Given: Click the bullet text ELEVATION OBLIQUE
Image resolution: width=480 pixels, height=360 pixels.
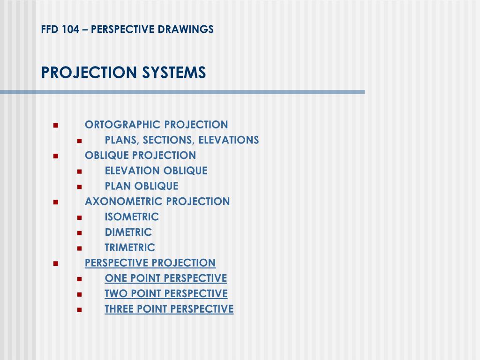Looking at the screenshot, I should point(156,171).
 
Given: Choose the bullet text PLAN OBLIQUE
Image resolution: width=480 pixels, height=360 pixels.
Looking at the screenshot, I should point(142,186).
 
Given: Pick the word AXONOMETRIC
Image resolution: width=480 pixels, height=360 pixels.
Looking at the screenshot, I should point(124,202).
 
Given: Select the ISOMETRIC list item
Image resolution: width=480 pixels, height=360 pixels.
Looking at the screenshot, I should point(132,217).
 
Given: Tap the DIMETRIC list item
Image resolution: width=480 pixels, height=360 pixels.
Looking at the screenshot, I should point(128,232).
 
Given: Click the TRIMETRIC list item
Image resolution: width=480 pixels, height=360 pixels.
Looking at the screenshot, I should point(130,248).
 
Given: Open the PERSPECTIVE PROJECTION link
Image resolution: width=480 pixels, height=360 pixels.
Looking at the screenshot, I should point(150,263).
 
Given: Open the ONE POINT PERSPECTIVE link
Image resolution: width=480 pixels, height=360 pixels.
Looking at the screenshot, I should point(166,278).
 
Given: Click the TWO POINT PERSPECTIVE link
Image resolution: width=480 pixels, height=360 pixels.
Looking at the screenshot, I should point(166,294).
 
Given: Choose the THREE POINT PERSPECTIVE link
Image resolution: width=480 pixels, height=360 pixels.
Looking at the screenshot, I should point(169,309).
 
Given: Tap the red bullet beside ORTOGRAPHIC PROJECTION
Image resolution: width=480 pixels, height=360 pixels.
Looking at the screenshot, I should point(56,126).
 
